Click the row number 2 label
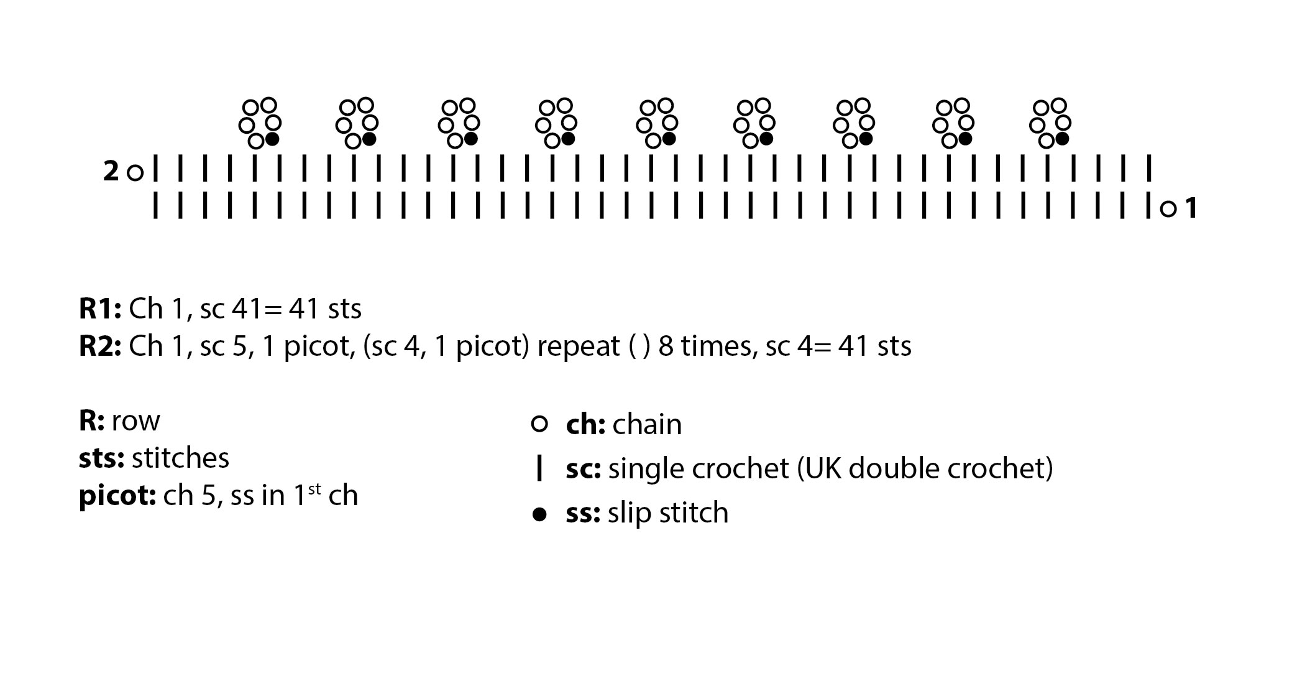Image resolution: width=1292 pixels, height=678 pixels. point(111,172)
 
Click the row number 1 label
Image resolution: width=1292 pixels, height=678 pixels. point(1191,208)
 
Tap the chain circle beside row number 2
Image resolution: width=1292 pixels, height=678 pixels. point(135,172)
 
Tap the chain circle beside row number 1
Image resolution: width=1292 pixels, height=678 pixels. point(1168,209)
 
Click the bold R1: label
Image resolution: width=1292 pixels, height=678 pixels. point(100,309)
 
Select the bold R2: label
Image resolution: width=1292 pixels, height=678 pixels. point(100,346)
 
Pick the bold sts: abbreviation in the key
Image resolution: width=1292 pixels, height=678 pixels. point(101,458)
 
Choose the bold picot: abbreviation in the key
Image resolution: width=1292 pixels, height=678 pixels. point(117,496)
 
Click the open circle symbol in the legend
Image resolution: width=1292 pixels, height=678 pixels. point(540,425)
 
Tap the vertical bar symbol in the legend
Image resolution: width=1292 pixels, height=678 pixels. point(539,468)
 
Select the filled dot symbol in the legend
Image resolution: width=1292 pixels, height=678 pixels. point(540,514)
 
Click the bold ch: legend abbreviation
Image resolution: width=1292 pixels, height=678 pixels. point(585,425)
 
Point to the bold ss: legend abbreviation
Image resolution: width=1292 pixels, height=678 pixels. point(583,513)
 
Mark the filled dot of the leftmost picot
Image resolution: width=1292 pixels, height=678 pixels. point(272,139)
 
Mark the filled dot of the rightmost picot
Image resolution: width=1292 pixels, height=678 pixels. point(1062,139)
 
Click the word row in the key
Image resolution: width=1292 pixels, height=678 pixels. point(135,421)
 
